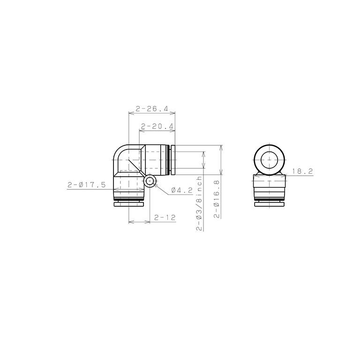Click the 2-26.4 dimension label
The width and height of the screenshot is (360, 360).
click(x=152, y=109)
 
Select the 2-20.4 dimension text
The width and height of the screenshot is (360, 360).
click(x=157, y=126)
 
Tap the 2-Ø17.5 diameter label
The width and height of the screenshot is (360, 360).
click(x=87, y=185)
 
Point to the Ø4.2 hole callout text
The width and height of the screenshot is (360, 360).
click(x=182, y=190)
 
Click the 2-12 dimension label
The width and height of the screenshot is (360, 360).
click(x=165, y=217)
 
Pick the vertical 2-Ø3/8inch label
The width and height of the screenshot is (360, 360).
click(x=199, y=203)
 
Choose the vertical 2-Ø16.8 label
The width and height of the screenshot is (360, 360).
click(x=217, y=199)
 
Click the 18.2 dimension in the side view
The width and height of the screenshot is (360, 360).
click(x=303, y=171)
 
